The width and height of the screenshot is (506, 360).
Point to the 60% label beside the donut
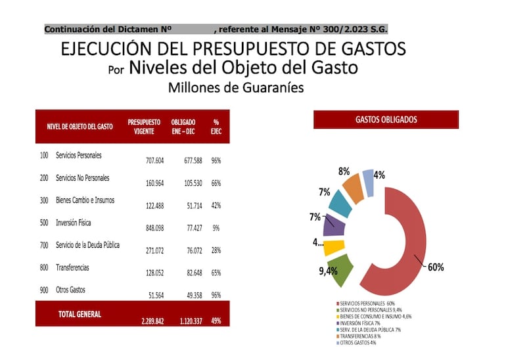(436, 267)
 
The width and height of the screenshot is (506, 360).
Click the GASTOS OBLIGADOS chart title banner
(386, 120)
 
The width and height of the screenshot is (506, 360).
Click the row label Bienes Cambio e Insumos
(85, 200)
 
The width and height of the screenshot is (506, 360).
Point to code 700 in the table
(44, 245)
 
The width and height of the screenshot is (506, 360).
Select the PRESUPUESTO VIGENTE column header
(144, 127)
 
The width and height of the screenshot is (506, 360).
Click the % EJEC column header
(216, 127)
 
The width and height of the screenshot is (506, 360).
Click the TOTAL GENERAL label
(80, 314)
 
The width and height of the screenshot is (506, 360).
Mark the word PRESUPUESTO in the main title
(246, 49)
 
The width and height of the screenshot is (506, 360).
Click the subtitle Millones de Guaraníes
(235, 87)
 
